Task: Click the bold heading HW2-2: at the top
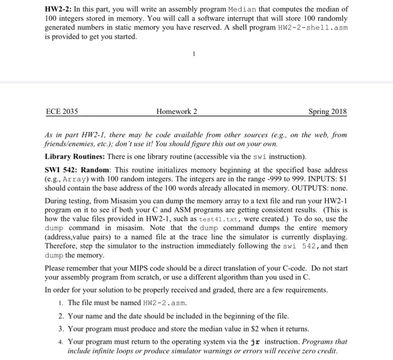(60, 10)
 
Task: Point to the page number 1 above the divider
(193, 55)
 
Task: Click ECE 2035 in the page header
(62, 112)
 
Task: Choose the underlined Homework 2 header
(177, 112)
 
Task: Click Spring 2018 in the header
(328, 112)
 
